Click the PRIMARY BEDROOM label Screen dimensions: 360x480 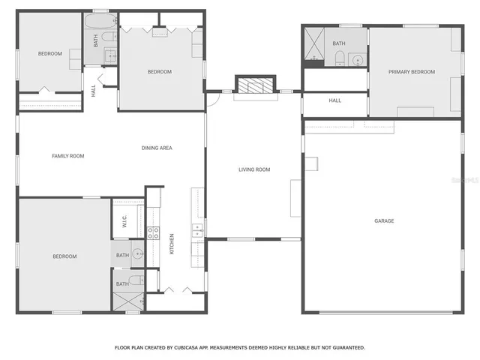pos(411,72)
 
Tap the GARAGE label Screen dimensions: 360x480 pos(384,221)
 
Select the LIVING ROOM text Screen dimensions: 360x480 pos(254,169)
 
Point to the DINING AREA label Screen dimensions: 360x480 pos(157,148)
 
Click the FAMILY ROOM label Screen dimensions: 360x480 pos(67,156)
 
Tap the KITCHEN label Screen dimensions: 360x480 pos(172,243)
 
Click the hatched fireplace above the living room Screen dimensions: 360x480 pos(254,85)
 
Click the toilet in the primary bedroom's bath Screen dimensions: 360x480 pos(338,60)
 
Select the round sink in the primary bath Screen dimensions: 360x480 pos(357,59)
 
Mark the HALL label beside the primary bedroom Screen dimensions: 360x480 pos(334,100)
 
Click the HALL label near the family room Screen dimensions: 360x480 pos(93,91)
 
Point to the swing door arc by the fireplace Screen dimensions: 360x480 pos(215,92)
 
